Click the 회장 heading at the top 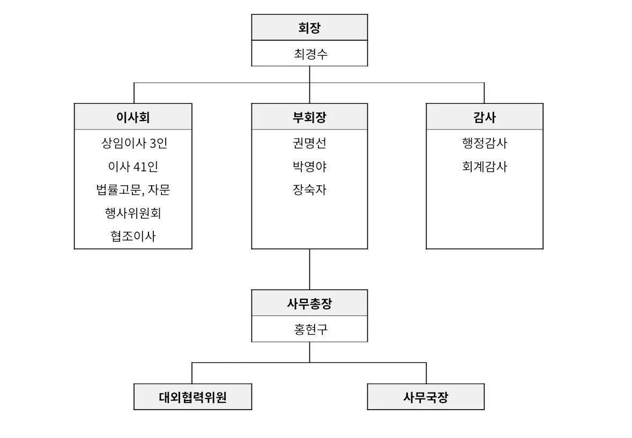[x=309, y=28]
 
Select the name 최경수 [x=310, y=54]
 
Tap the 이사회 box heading [x=133, y=117]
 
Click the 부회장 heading [x=309, y=117]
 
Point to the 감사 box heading [x=485, y=117]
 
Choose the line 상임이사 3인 [x=134, y=143]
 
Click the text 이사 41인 [x=133, y=167]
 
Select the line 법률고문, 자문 [x=133, y=190]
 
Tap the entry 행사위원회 [x=133, y=213]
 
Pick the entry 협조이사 [x=133, y=236]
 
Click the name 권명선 [x=309, y=143]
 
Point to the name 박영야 [x=309, y=167]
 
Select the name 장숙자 [x=309, y=190]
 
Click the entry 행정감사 [x=485, y=143]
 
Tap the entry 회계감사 [x=485, y=167]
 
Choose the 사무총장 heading [x=309, y=303]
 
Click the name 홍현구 [x=310, y=329]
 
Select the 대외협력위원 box [x=192, y=397]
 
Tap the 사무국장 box [x=426, y=397]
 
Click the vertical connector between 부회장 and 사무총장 [x=309, y=269]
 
